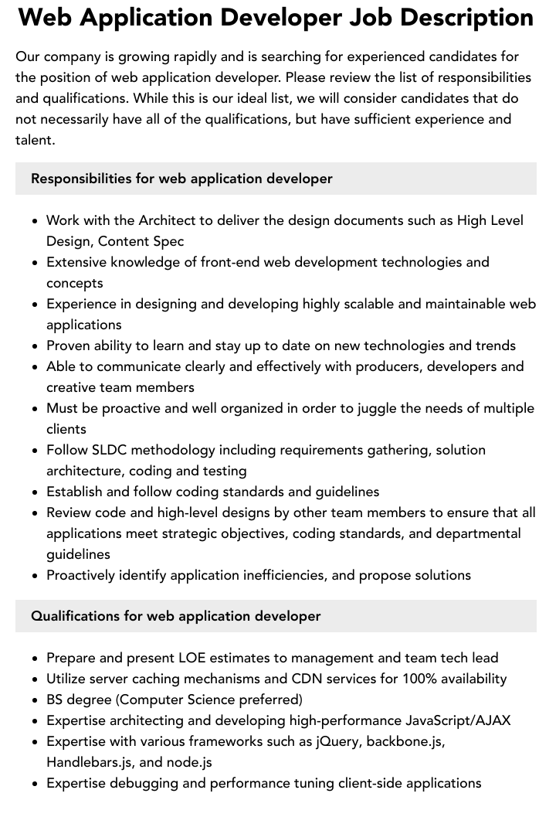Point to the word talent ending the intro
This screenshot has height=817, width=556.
[34, 140]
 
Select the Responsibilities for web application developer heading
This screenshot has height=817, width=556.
[181, 179]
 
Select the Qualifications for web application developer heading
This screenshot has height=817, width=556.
[175, 616]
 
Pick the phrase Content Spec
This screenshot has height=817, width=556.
[141, 241]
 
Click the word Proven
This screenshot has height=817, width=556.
[70, 346]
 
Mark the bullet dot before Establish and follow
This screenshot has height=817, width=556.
[36, 492]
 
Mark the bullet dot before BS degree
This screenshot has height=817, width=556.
[36, 700]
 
